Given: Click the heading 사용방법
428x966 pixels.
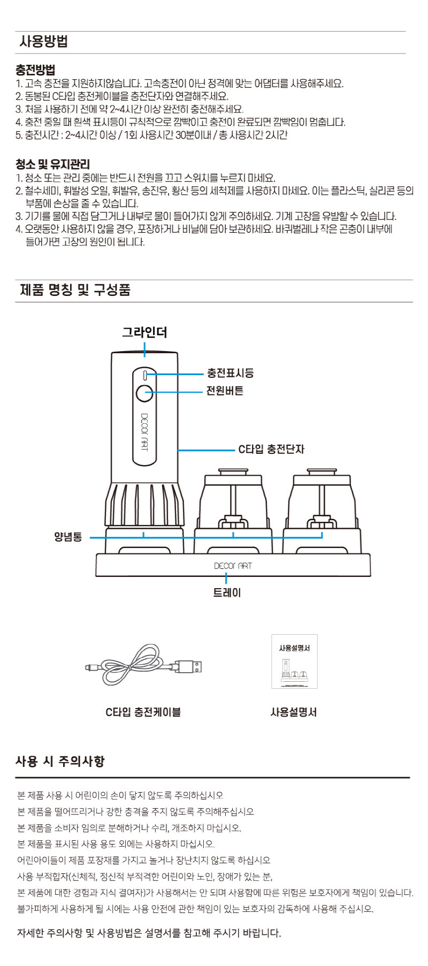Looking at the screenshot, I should tap(44, 42).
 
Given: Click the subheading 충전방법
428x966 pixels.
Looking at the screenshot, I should tap(36, 70).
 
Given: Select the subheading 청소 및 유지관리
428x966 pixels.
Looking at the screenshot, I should tap(52, 164).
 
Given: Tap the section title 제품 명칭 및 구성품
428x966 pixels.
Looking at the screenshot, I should tap(75, 291).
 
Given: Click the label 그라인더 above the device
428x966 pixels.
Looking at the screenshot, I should tap(144, 332).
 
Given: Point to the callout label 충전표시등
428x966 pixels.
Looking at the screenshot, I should tap(230, 373).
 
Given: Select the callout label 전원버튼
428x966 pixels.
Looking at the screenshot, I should tap(225, 391).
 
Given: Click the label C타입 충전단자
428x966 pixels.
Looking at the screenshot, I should tap(271, 449).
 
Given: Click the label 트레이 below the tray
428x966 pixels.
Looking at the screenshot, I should tap(227, 592).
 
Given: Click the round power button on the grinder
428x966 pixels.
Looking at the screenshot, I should tap(144, 393).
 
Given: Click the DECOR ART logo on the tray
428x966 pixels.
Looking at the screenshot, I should tap(233, 566).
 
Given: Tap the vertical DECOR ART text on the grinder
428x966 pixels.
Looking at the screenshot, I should tap(144, 431).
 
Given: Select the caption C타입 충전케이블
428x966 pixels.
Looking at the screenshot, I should tap(143, 712).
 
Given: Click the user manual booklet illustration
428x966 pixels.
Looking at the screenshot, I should tap(294, 661).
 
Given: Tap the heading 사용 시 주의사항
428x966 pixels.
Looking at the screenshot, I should tap(60, 761).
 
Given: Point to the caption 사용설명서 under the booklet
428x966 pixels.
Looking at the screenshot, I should tap(294, 712).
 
